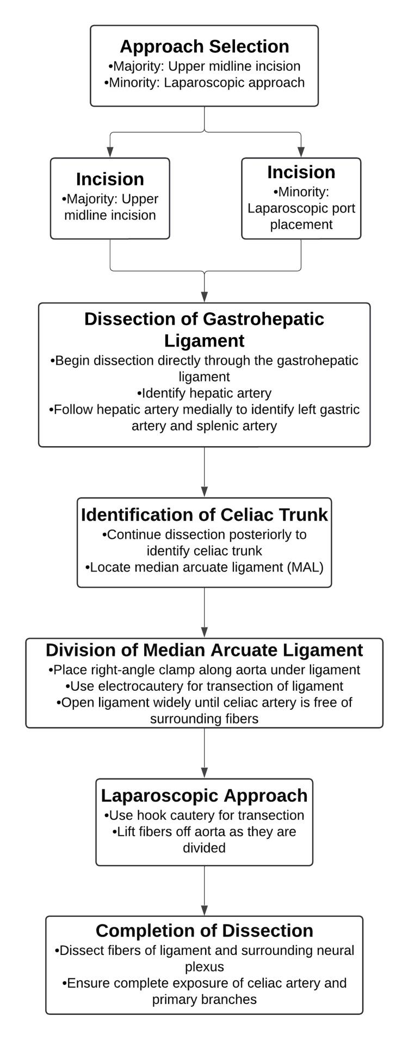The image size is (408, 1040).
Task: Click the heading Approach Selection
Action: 204,46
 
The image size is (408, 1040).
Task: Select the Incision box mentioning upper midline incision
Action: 110,198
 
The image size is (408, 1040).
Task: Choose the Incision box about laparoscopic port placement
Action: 301,198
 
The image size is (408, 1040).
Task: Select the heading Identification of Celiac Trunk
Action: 204,515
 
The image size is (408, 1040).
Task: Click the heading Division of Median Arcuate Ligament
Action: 204,650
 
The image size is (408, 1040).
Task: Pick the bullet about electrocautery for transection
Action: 204,686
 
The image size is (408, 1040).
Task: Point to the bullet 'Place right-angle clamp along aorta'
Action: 204,670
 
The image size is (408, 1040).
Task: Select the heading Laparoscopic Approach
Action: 204,795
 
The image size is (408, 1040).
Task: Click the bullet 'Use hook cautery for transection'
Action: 204,816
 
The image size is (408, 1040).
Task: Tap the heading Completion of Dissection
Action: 204,930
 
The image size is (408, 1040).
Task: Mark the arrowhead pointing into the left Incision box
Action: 110,153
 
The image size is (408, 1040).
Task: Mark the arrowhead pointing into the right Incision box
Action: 301,153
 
